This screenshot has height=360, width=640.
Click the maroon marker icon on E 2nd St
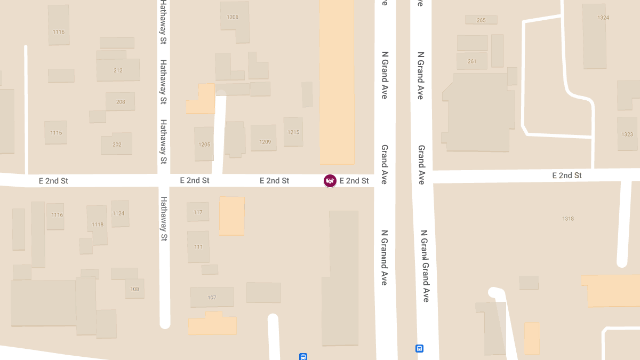pos(330,181)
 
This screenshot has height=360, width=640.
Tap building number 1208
pos(233,17)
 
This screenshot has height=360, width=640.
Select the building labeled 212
pos(118,70)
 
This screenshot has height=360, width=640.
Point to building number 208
pos(121,102)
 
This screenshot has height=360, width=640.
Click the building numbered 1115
pos(56,133)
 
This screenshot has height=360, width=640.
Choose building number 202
pos(117,145)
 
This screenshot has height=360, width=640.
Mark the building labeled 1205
pos(204,145)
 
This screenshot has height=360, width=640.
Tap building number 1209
pos(265,142)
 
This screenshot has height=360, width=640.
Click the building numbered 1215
pos(293,132)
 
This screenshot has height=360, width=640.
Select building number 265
pos(481,20)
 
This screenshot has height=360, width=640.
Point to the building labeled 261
pos(472,61)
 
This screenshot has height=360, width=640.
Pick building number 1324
pos(603,18)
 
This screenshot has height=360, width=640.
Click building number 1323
pos(627,134)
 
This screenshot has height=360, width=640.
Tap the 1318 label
pos(568,219)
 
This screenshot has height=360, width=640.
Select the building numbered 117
pos(198,212)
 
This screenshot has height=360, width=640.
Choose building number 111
pos(198,247)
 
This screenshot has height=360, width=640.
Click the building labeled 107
pos(212,298)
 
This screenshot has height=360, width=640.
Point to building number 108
pos(134,289)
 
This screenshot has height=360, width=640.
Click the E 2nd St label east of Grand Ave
pos(566,175)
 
